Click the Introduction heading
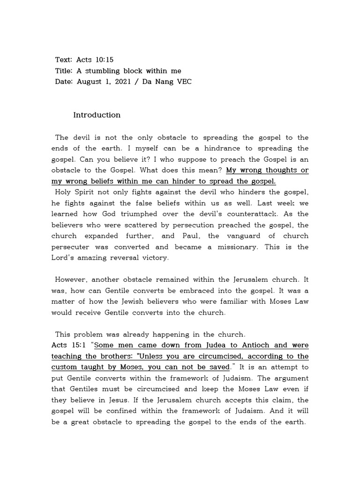[97, 115]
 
